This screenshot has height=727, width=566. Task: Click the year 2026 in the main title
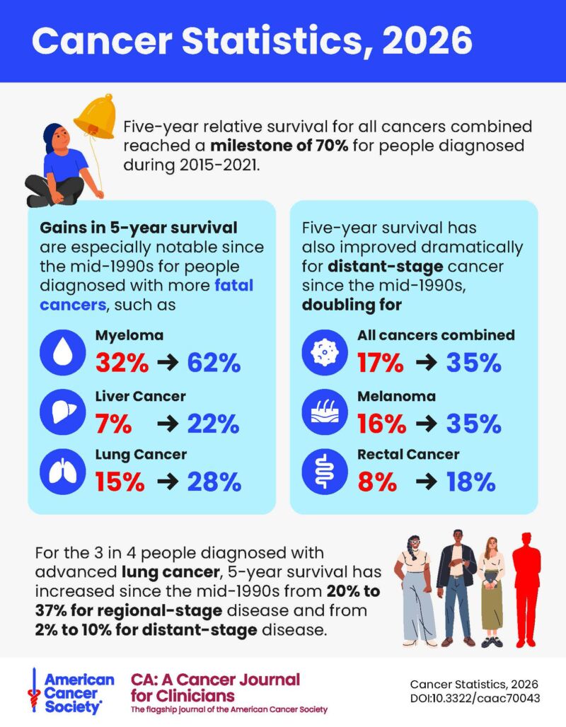coord(427,41)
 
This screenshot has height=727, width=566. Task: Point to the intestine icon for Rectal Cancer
coord(324,472)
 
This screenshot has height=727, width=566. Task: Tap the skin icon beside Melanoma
coord(324,412)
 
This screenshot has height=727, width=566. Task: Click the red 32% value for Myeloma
coord(122,363)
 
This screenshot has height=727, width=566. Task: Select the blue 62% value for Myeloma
coord(214,363)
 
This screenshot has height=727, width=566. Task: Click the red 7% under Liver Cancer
coord(113,423)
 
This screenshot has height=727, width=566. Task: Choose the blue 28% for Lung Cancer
coord(214,482)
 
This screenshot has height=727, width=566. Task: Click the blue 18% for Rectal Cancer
coord(470,482)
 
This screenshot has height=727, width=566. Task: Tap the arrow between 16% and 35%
coord(427,423)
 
